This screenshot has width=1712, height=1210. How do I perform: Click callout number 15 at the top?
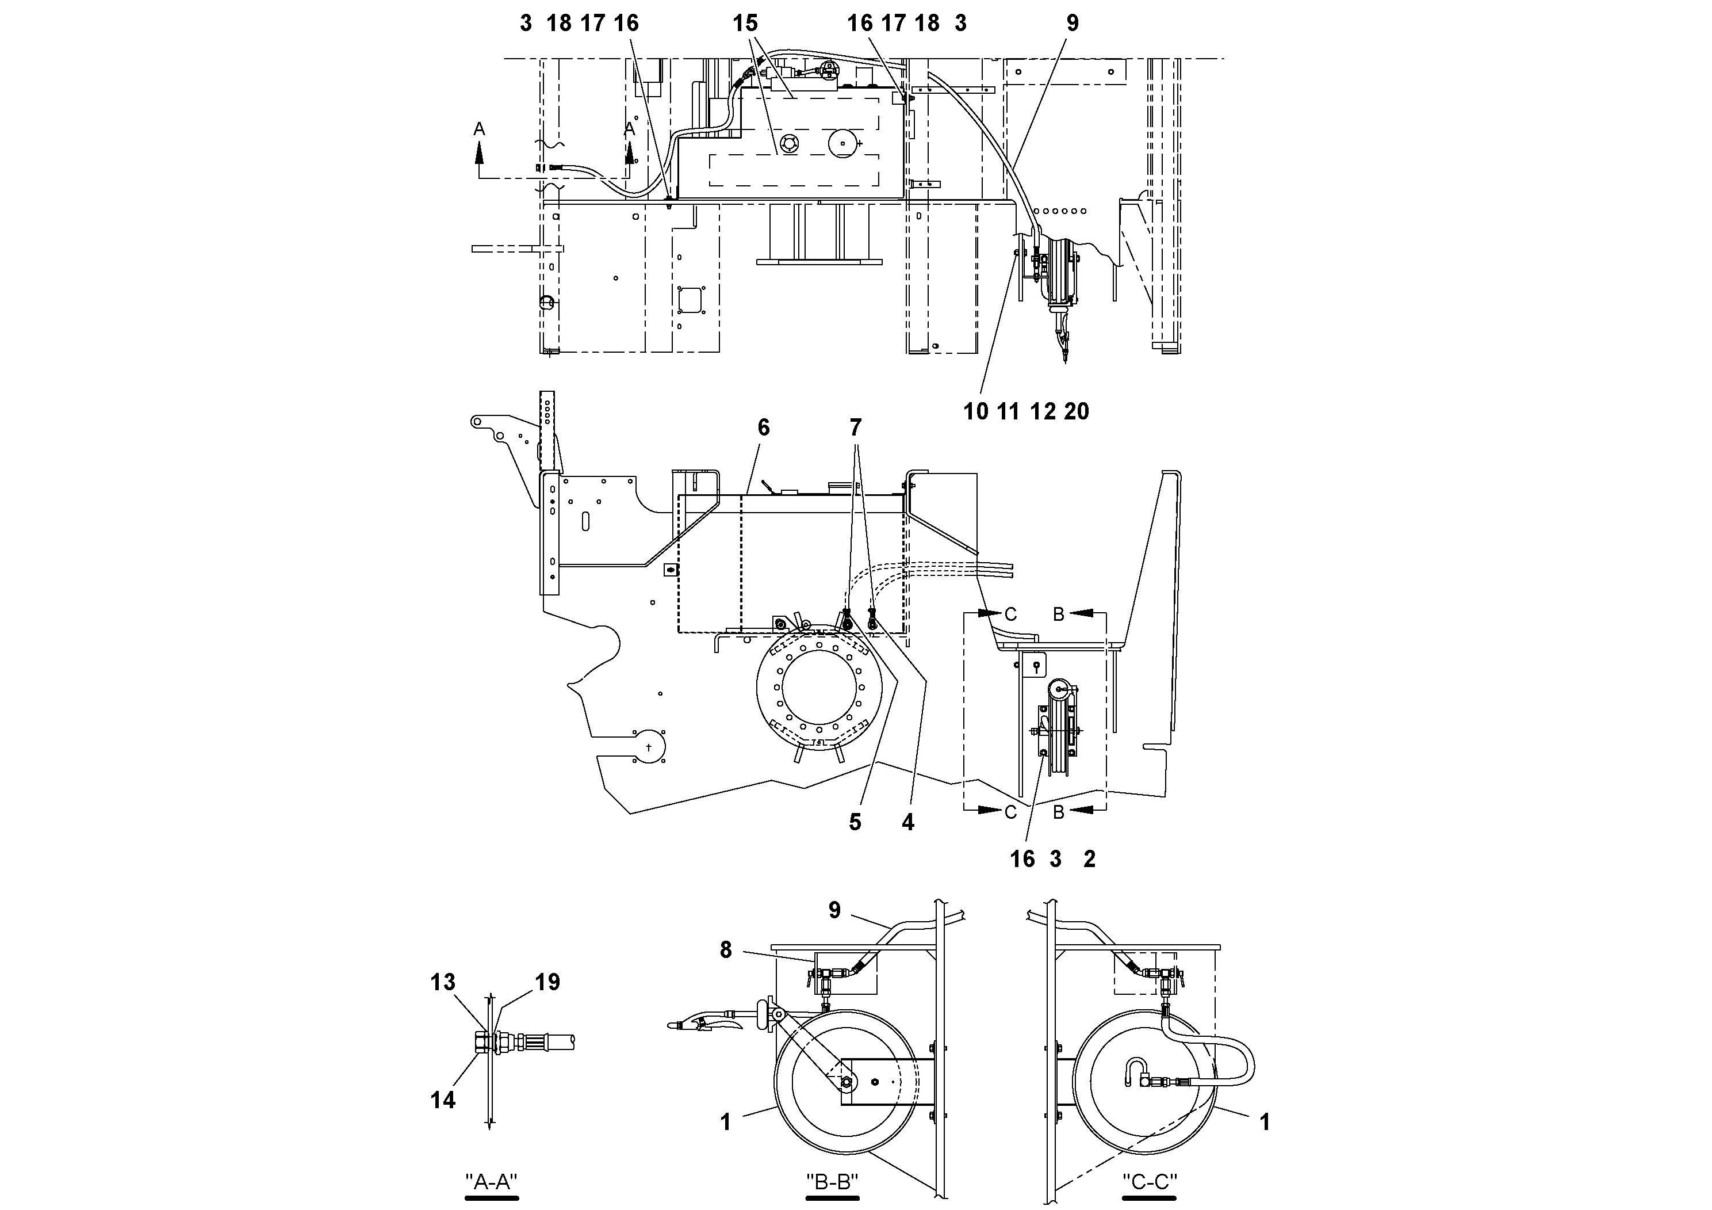[745, 24]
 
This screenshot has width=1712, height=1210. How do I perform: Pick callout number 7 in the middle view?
[855, 427]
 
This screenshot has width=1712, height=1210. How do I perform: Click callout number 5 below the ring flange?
[855, 822]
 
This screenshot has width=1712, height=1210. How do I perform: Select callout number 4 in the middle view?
[907, 822]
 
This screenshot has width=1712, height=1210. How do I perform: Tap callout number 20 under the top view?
[1077, 411]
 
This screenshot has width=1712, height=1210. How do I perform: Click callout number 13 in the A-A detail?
[442, 983]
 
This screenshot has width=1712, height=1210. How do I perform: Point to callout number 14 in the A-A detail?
[442, 1100]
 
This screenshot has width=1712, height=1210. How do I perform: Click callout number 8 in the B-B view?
[726, 950]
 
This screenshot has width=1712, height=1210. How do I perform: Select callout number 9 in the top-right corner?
[1073, 24]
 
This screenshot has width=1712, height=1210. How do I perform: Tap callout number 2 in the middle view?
[1089, 860]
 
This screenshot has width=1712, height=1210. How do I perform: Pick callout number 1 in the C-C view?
[1264, 1122]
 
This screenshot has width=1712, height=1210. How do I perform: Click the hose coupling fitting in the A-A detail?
[515, 1041]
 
